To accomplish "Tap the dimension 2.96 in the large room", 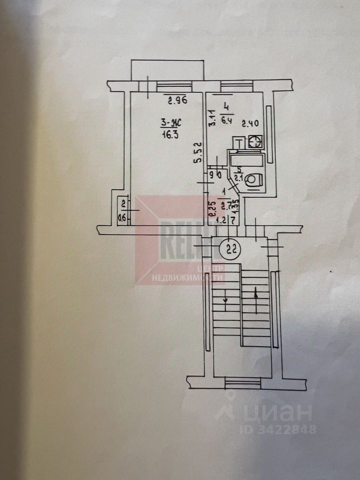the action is click(177, 100).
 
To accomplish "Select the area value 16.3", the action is click(170, 134).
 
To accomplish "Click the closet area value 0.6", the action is click(121, 217).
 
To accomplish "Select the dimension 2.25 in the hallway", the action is click(211, 205).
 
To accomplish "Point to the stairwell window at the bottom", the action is click(242, 381).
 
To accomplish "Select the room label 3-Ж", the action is click(171, 122).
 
